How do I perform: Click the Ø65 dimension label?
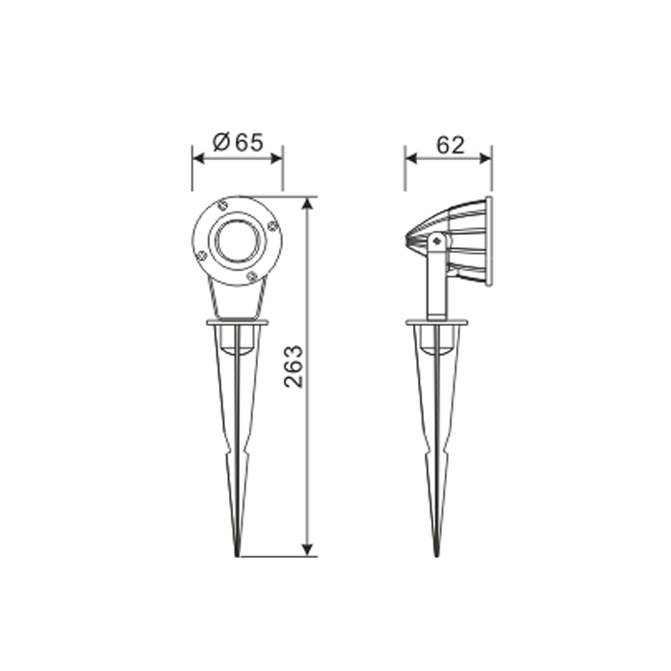coord(238,142)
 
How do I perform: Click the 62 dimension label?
coord(451,145)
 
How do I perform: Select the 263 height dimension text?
coord(293,366)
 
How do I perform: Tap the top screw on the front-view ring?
coord(222,206)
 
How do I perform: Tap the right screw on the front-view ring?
coord(271,226)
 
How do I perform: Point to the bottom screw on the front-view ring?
coord(251,276)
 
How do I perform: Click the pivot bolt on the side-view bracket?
coord(436,241)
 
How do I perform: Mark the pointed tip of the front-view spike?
coord(237,556)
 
